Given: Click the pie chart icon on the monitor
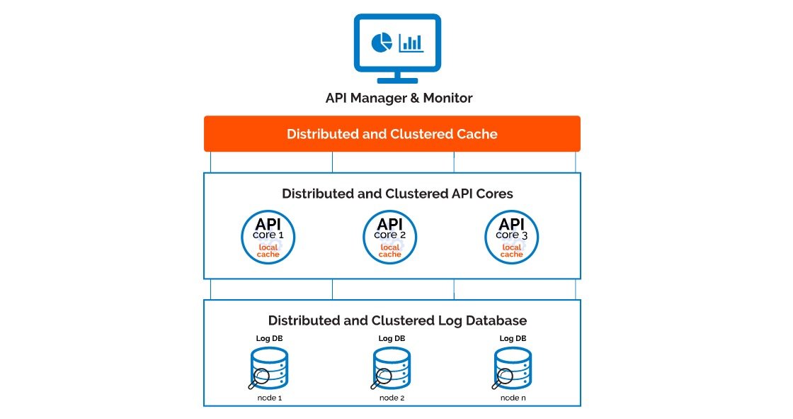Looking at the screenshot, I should (381, 43).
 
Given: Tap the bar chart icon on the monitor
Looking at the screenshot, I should (411, 43).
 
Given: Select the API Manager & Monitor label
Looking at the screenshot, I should (398, 98).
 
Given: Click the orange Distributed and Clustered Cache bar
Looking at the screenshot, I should (392, 134).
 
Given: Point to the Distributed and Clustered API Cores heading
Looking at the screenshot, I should (396, 194).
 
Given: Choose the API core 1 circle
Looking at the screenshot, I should (268, 237).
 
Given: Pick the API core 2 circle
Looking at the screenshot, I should (390, 237).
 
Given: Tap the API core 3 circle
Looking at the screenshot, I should (511, 237).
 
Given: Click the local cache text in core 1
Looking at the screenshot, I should (268, 251).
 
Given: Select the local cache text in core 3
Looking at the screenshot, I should (511, 251).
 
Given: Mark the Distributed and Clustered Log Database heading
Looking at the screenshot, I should (397, 320).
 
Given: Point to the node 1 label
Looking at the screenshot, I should (270, 398).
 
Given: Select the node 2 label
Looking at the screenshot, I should (392, 398).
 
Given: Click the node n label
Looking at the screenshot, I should (513, 398).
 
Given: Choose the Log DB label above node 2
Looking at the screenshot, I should (392, 338).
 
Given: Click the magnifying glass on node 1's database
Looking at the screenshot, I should (259, 378).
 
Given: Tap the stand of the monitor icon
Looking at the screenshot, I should (397, 77).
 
